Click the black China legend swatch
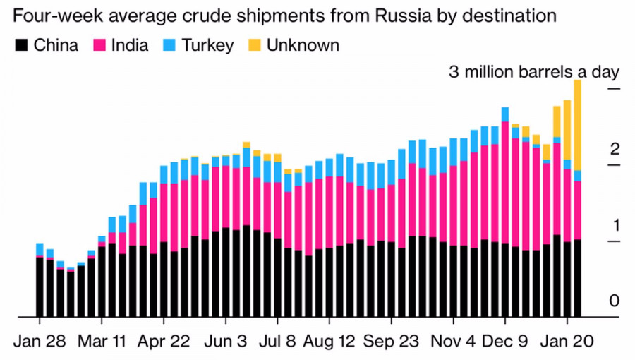click(21, 46)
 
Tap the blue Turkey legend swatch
click(169, 46)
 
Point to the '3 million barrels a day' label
click(534, 72)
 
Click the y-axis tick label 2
click(615, 149)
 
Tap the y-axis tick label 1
click(615, 225)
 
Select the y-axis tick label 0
click(615, 301)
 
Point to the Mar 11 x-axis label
click(102, 340)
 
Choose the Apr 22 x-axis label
click(164, 340)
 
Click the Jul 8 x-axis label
click(277, 340)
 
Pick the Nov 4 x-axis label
click(454, 340)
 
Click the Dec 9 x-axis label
click(506, 340)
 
